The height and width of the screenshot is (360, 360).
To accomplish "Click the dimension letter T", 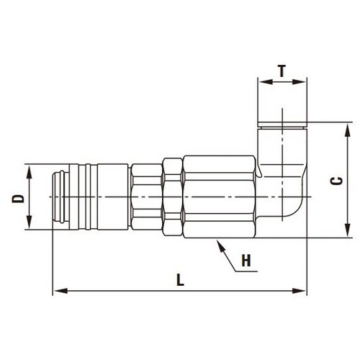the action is point(282,71).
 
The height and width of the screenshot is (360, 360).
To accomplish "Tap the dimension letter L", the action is point(180,280).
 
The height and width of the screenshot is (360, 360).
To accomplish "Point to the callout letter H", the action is point(246,261).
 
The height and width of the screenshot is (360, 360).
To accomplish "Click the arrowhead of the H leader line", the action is point(220,246).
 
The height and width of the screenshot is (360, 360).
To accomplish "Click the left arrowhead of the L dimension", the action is point(60,291).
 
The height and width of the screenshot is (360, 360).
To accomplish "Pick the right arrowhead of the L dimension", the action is point(300,291).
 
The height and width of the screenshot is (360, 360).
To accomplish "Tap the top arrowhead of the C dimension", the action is point(347,131).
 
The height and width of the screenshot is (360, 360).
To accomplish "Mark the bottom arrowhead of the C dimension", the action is point(347,230).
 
